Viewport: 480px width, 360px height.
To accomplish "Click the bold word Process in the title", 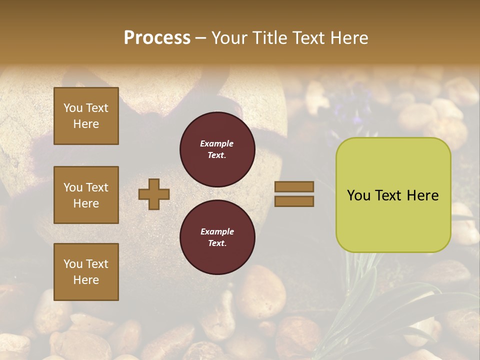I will point(157,38).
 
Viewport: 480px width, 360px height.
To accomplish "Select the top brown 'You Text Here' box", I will point(86,116).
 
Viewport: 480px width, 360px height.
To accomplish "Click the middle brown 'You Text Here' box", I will point(86,195).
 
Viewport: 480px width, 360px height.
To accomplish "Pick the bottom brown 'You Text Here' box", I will point(86,272).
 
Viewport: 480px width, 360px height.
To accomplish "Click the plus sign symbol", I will point(154,194).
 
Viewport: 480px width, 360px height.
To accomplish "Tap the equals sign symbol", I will point(294,194).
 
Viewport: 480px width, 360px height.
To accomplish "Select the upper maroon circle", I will point(217,149).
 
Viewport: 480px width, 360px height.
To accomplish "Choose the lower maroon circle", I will point(217,237).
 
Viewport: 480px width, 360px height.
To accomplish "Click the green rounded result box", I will point(393,195).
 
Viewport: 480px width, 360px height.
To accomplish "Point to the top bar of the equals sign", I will point(294,186).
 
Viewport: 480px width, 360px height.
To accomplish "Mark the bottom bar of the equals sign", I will point(294,201).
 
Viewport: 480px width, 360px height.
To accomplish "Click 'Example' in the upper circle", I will point(217,143).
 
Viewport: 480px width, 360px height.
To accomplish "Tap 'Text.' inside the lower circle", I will point(217,243).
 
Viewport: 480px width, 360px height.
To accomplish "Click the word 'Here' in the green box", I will point(422,195).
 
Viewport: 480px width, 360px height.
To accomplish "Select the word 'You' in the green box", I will point(358,195).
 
